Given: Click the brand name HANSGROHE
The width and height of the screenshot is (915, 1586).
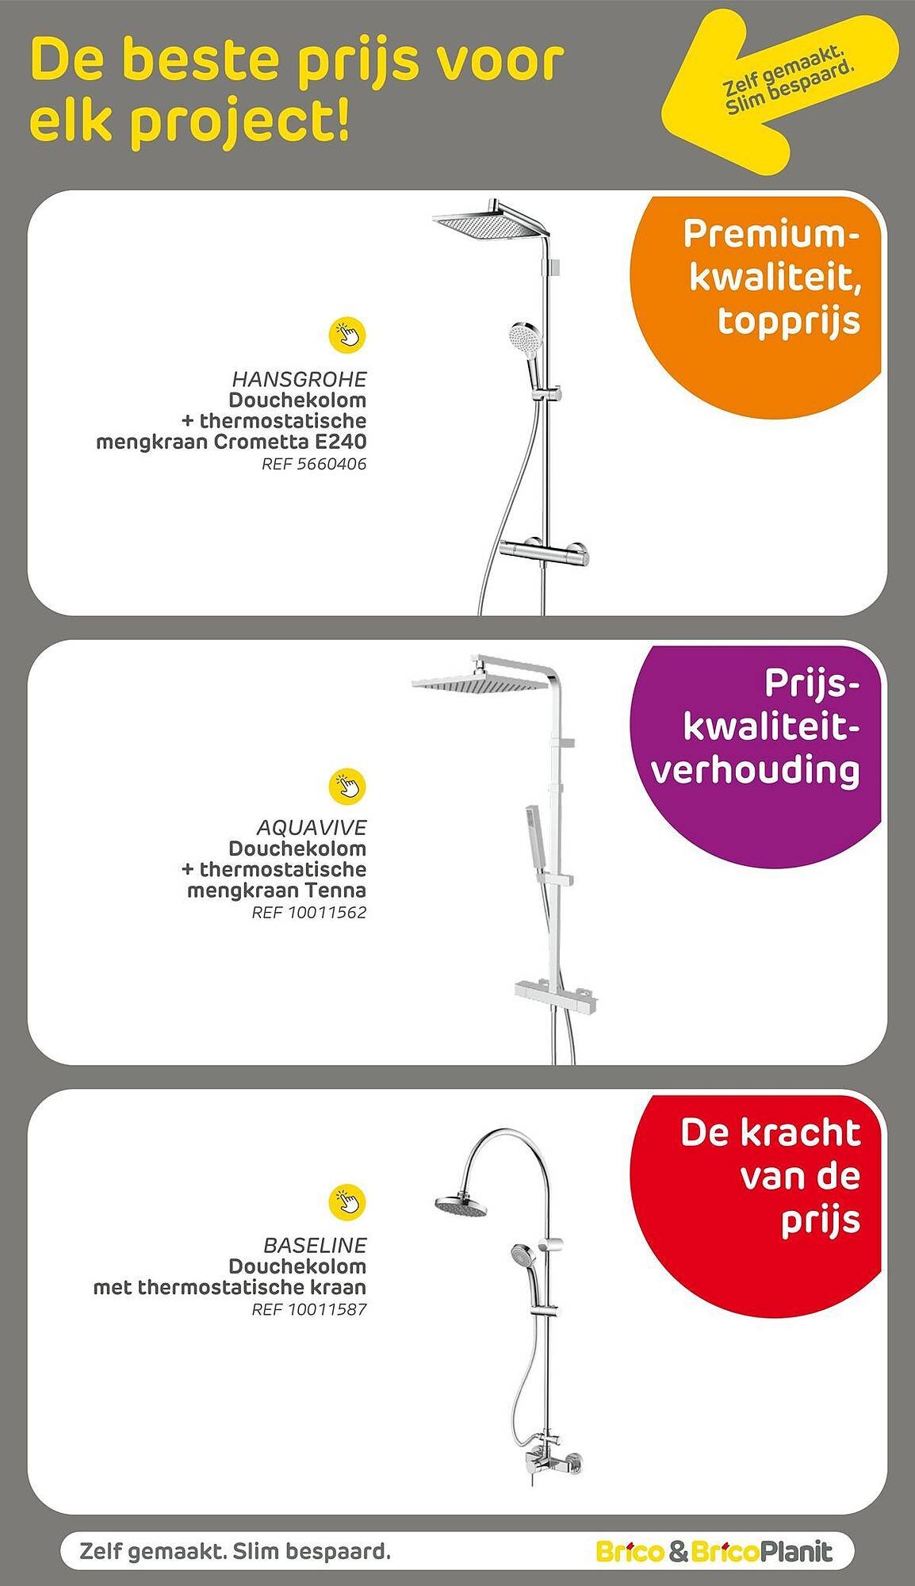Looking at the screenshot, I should (x=300, y=378).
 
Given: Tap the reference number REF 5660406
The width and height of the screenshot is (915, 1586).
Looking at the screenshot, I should (x=314, y=464).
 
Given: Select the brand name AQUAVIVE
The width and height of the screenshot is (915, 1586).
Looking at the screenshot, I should (x=312, y=827).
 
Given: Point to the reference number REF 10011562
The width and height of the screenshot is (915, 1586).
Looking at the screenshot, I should (x=309, y=913).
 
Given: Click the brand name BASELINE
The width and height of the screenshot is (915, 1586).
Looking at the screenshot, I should (x=315, y=1245).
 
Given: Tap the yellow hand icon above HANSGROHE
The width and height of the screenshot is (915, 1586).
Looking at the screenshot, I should (x=347, y=335).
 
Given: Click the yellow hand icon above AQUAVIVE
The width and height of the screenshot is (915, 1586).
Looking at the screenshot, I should (x=347, y=785).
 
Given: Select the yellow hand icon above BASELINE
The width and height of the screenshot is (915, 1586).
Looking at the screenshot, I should (x=347, y=1202).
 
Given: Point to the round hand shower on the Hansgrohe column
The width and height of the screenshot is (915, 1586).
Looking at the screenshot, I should (x=523, y=339).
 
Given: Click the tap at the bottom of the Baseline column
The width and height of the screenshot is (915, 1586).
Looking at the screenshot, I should (x=555, y=1461).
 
